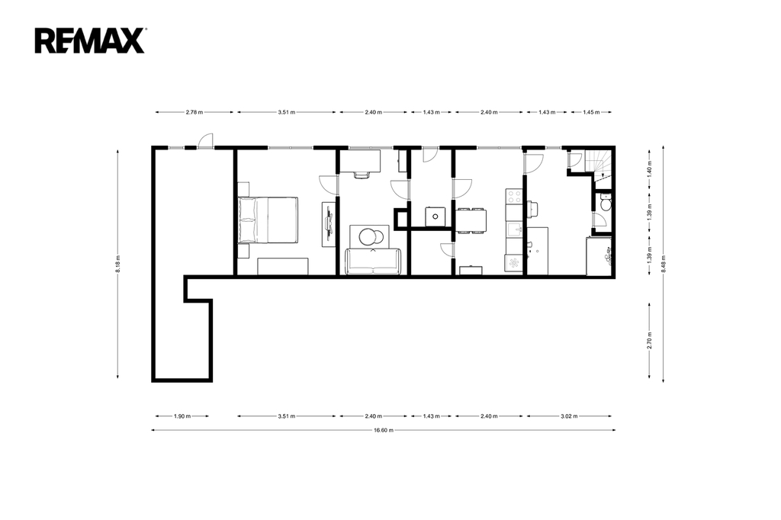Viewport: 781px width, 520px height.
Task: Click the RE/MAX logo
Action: [90, 40]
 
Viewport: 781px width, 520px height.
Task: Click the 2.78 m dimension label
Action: [194, 112]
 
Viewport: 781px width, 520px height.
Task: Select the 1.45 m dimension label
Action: [591, 112]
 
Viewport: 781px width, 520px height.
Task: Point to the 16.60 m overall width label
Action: [384, 430]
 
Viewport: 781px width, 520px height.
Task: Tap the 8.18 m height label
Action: [117, 264]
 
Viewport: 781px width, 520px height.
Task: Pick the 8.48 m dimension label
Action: [663, 264]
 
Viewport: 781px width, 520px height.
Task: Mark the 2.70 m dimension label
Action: [650, 341]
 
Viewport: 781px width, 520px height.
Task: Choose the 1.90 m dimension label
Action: [182, 416]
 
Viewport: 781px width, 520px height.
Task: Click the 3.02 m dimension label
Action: [569, 416]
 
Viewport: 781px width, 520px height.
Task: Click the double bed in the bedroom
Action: [268, 220]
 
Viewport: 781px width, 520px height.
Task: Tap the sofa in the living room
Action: [373, 262]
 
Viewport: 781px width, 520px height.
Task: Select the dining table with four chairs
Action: [471, 220]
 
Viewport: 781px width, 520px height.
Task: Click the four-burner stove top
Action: [513, 196]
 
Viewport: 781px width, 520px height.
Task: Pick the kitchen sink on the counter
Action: [513, 230]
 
